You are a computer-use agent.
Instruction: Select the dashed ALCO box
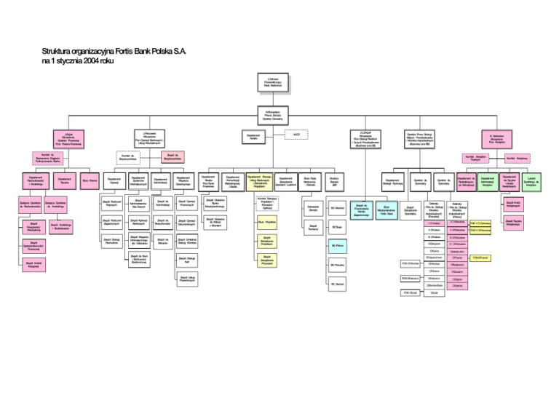coord(296,135)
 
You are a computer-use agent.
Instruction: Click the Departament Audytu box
coord(253,137)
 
